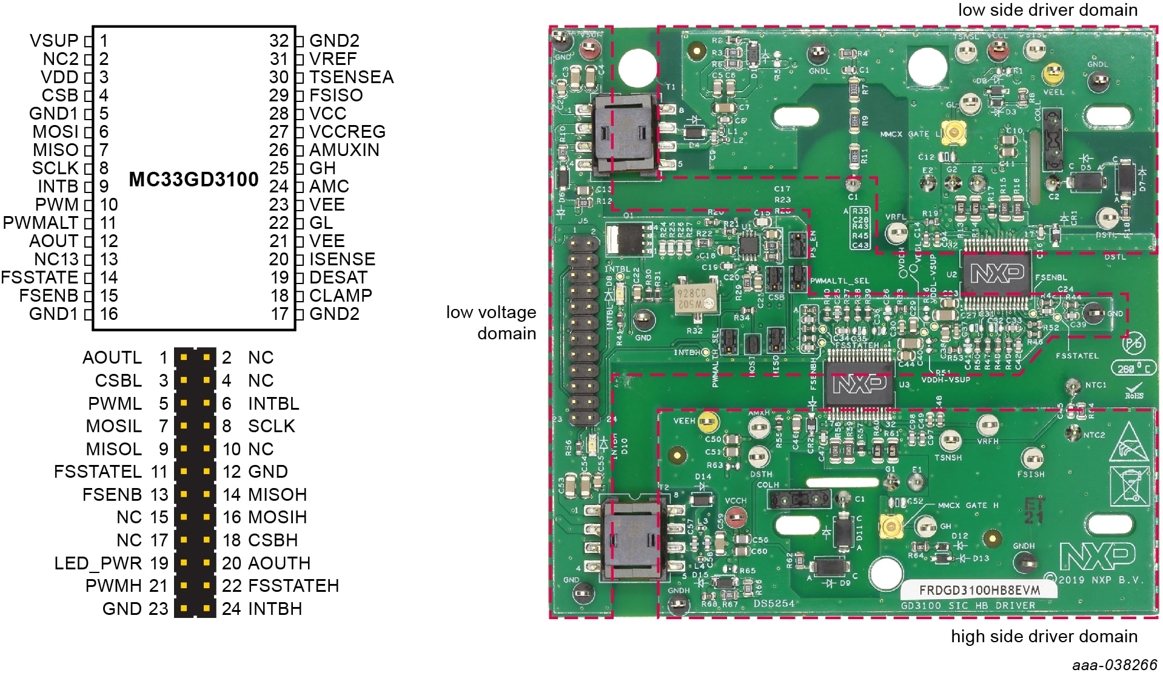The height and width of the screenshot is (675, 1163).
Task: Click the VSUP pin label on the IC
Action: [54, 41]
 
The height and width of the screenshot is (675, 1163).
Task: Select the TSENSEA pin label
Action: [351, 77]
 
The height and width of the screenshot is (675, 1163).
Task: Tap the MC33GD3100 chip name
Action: [193, 180]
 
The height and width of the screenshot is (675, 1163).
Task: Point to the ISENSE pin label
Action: [342, 259]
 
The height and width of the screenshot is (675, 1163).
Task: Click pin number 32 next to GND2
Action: [279, 41]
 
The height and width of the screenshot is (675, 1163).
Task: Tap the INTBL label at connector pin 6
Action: [273, 404]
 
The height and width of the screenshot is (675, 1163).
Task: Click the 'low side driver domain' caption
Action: [1047, 10]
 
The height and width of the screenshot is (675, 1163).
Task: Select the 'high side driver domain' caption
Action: [1044, 636]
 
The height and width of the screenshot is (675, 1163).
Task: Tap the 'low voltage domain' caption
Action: [492, 322]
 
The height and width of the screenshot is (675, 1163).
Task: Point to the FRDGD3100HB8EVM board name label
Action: [979, 590]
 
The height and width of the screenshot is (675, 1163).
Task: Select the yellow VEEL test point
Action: [1053, 75]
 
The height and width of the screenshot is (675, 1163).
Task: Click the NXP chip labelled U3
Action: [859, 383]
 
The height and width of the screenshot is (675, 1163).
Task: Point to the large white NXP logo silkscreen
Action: [1097, 556]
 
